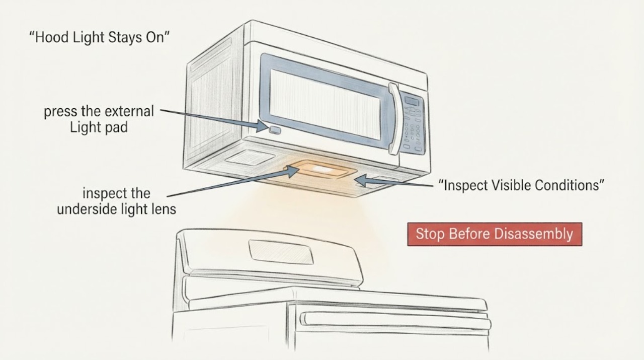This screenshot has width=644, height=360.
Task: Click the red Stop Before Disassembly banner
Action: point(495,234)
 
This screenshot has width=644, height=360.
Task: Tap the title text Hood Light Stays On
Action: point(100,37)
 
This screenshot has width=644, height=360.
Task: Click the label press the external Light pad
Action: point(99,119)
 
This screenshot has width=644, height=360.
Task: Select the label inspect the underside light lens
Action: point(116,201)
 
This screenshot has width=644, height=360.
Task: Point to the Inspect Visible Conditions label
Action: point(521,185)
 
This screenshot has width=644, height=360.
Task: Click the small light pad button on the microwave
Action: point(275,130)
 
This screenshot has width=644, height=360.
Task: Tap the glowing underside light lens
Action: point(320,170)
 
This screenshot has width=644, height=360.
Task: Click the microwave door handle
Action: point(394,118)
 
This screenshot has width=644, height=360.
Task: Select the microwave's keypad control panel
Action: point(414,124)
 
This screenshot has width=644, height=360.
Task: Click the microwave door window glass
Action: point(325,104)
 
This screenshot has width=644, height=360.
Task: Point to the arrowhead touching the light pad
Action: point(262,126)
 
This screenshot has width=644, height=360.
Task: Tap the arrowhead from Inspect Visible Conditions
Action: point(361,180)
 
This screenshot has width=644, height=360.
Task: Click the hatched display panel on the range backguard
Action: point(281,252)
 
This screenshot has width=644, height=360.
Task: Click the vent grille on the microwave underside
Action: point(250,158)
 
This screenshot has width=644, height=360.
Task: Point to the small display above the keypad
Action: point(412,101)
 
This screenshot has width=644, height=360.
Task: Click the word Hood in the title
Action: point(52,37)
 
